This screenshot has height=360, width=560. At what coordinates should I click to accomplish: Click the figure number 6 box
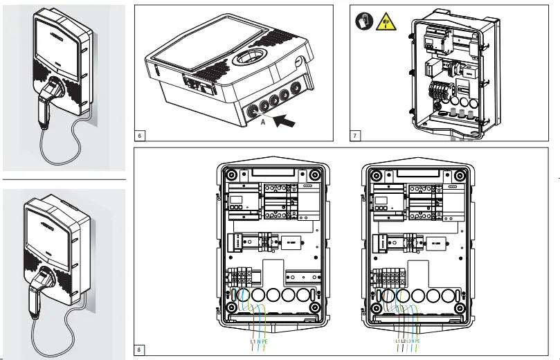click(140, 136)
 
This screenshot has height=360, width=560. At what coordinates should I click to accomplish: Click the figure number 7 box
click(355, 136)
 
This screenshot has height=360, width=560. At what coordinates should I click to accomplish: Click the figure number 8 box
click(140, 350)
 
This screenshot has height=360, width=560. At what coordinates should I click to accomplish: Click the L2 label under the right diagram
click(403, 341)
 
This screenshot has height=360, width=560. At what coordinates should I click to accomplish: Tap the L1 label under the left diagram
click(252, 341)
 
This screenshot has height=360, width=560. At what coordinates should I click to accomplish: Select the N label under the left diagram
click(258, 341)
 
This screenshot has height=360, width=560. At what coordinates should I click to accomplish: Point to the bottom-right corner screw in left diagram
click(315, 307)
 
